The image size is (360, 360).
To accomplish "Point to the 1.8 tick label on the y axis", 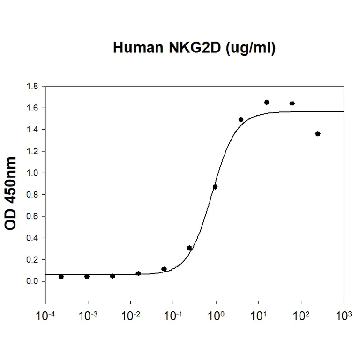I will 34,87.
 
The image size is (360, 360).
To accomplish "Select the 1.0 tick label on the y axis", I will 34,173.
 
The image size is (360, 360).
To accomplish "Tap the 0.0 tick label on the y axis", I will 34,281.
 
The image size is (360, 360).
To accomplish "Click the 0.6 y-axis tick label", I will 34,216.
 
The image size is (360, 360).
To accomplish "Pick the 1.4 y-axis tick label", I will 34,130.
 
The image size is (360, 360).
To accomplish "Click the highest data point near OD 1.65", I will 266,102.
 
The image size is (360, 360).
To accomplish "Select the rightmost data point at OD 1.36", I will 318,134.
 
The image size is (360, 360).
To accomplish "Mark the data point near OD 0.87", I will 215,187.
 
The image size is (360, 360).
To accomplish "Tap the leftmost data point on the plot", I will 61,277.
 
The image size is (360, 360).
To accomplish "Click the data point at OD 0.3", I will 189,248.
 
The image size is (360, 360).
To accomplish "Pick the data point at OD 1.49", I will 241,119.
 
